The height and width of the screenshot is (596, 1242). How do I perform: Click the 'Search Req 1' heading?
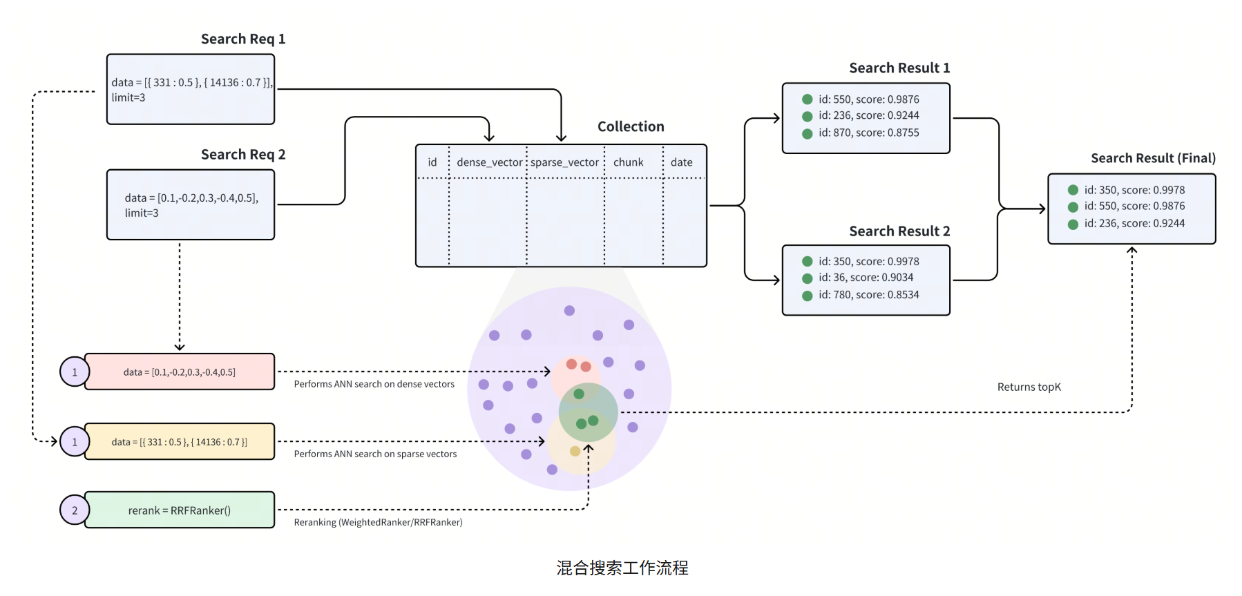(243, 39)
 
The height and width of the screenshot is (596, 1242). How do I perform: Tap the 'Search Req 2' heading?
(243, 155)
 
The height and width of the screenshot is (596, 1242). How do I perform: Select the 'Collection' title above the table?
(631, 126)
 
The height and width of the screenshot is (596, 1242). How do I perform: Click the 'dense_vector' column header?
(490, 162)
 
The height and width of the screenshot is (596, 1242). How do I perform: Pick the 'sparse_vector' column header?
(564, 162)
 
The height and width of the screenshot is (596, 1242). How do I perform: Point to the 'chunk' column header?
(628, 162)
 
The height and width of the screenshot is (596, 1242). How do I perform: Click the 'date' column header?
(681, 162)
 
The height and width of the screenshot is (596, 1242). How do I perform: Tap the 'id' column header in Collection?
(432, 162)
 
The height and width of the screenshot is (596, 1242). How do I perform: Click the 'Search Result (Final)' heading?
(1153, 158)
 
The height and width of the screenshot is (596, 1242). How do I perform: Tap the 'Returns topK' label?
(1029, 387)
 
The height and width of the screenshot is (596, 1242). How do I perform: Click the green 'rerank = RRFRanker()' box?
(180, 510)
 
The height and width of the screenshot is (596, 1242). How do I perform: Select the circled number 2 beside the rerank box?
(75, 510)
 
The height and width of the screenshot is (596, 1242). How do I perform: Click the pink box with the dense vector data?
(180, 372)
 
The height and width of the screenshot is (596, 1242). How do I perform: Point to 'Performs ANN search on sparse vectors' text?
(375, 454)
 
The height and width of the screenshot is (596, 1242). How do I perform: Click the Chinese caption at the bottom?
(622, 568)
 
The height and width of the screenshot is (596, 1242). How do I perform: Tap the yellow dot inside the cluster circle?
(575, 451)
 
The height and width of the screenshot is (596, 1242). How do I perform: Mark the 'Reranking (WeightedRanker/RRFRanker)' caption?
(378, 522)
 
